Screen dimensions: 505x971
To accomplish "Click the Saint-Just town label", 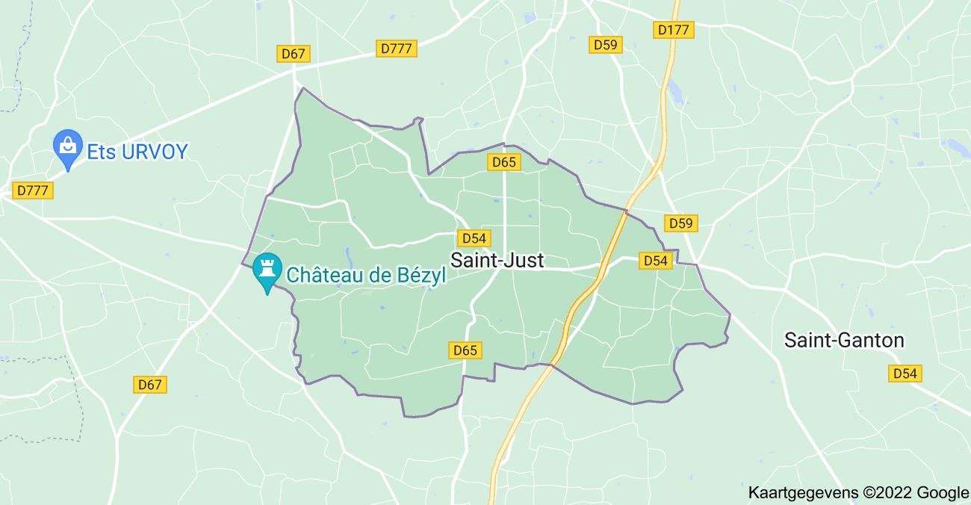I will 497,261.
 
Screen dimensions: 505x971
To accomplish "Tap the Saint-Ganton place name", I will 844,341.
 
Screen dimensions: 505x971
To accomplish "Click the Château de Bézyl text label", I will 366,275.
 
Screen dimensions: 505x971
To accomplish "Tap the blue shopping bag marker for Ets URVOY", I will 68,146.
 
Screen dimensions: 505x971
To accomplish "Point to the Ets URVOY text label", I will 137,152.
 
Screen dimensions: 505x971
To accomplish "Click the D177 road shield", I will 674,30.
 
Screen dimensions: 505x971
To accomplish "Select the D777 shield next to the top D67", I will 396,49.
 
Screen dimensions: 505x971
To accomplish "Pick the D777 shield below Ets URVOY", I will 33,190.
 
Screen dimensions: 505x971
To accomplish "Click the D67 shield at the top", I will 294,54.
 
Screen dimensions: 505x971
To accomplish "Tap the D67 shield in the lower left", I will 150,385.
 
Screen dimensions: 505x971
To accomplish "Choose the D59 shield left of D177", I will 605,45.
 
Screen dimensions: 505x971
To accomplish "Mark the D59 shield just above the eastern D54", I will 680,223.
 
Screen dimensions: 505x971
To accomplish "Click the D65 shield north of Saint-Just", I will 504,162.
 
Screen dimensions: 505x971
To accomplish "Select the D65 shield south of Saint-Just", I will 465,350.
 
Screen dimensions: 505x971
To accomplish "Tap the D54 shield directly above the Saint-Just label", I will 474,238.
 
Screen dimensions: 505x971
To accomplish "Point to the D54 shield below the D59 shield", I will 655,260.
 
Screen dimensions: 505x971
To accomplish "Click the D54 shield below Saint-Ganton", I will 906,373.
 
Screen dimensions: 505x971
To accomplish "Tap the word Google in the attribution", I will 943,492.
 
